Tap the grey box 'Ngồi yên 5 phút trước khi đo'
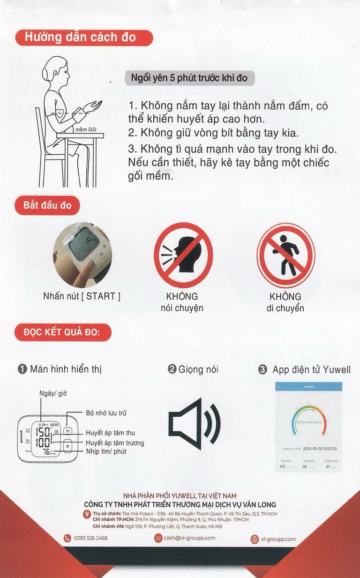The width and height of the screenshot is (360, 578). [190, 77]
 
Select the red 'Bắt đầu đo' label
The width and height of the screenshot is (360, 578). [47, 205]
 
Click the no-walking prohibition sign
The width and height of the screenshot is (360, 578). [286, 255]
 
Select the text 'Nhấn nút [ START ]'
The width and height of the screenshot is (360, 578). [82, 296]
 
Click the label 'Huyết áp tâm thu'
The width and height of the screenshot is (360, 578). [110, 433]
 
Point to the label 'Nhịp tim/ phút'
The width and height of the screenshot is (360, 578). [106, 451]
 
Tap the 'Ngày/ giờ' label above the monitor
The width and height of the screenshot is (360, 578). [53, 393]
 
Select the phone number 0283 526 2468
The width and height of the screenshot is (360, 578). [91, 538]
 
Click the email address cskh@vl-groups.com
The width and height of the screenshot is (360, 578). [189, 538]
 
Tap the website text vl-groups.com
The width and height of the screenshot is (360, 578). [278, 539]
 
